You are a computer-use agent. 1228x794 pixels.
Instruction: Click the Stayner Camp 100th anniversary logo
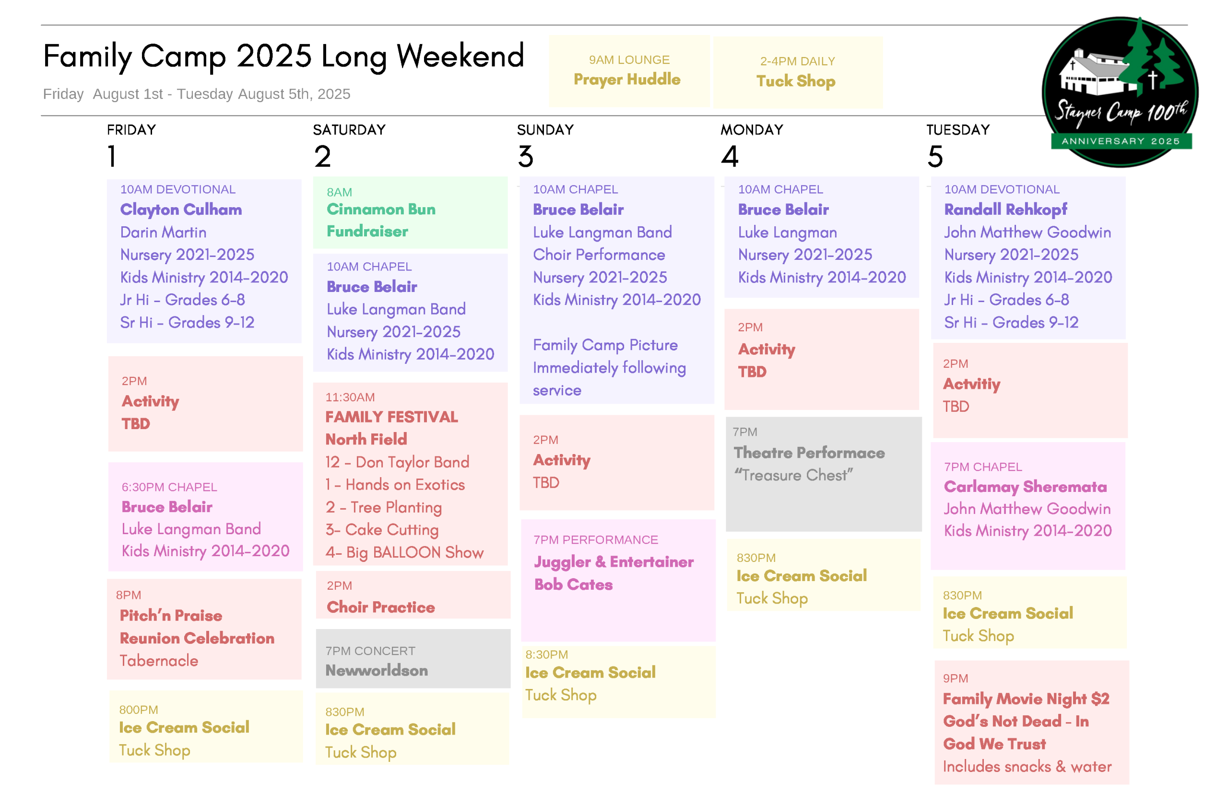tap(1120, 92)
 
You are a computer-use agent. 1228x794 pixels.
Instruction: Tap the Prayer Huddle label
tap(627, 80)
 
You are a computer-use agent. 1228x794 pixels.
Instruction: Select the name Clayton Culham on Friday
tap(181, 210)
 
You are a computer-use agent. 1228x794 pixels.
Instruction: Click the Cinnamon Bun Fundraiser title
tap(381, 220)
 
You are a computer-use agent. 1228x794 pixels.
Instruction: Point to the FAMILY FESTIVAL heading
tap(391, 417)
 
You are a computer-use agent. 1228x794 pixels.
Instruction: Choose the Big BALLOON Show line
tap(404, 552)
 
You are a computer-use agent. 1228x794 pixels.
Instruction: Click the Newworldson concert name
tap(377, 670)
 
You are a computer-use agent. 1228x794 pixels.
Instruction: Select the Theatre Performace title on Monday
tap(809, 453)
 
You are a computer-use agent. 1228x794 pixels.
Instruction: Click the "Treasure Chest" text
tap(793, 475)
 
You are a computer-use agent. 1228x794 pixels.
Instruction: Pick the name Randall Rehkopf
tap(1005, 210)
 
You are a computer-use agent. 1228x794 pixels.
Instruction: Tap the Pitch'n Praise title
tap(171, 615)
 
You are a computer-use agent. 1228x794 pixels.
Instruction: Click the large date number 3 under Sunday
tap(525, 156)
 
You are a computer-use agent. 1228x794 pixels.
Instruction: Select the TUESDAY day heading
tap(958, 129)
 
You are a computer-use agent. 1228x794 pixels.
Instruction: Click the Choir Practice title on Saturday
tap(380, 607)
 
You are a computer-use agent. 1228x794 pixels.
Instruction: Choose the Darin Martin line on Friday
tap(163, 232)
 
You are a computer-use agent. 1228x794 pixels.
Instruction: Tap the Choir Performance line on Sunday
tap(599, 255)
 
